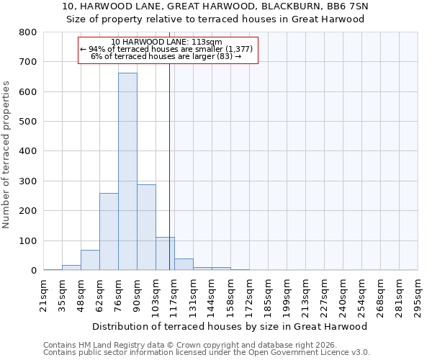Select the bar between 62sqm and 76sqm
(109, 231)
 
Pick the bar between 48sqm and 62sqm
(90, 260)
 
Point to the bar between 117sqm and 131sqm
(184, 264)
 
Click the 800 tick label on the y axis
(28, 32)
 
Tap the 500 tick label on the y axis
(28, 122)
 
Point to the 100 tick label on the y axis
(28, 240)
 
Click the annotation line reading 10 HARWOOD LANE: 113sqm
(166, 42)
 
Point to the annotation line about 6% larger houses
(166, 56)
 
